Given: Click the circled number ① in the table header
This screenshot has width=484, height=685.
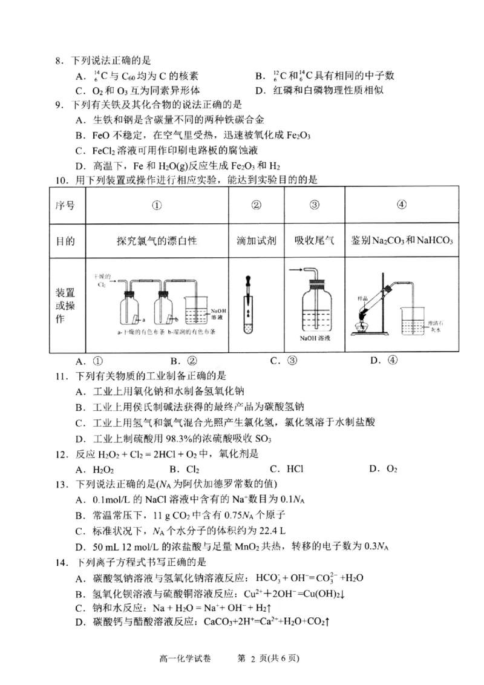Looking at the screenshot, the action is [157, 205].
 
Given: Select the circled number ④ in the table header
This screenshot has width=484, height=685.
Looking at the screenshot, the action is [401, 205].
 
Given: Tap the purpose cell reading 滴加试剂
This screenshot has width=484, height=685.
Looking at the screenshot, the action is [256, 241].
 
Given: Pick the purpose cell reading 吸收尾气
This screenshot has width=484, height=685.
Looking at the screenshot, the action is [314, 241].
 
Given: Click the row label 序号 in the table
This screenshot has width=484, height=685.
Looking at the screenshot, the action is [65, 205].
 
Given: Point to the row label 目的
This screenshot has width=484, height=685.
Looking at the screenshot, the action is [65, 241].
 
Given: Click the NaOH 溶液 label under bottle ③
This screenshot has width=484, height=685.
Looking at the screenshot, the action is [314, 339].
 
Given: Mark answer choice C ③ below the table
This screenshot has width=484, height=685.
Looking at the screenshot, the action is [284, 361].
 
